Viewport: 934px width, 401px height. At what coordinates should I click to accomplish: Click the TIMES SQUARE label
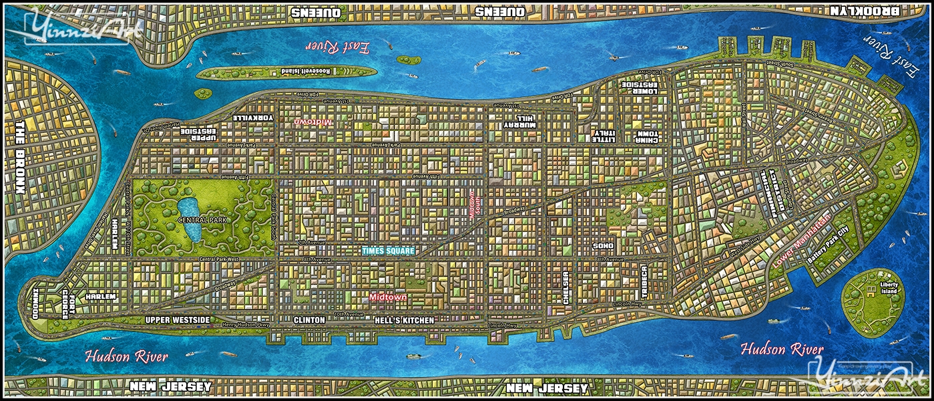(x=388, y=251)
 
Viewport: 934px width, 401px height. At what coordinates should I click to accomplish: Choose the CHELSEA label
(x=566, y=288)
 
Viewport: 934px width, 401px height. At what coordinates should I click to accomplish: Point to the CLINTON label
(x=309, y=320)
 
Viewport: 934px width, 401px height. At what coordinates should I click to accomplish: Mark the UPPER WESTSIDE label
(x=178, y=320)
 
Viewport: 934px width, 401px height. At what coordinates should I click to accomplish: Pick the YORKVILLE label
(x=254, y=118)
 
